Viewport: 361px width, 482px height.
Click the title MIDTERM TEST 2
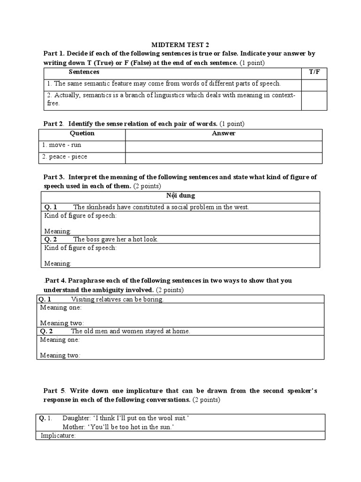pyautogui.click(x=180, y=45)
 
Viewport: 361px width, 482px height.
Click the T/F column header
pyautogui.click(x=314, y=72)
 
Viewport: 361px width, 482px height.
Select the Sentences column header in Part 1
pyautogui.click(x=84, y=72)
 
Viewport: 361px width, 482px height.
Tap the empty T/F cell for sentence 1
pyautogui.click(x=314, y=84)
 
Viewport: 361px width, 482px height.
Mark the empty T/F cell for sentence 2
pyautogui.click(x=314, y=99)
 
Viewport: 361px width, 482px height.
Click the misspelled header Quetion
pyautogui.click(x=82, y=133)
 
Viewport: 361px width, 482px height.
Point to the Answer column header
pyautogui.click(x=224, y=133)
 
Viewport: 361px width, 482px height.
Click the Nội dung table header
pyautogui.click(x=180, y=195)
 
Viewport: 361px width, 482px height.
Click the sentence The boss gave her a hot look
pyautogui.click(x=116, y=239)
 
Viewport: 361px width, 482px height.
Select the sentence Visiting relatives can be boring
pyautogui.click(x=117, y=299)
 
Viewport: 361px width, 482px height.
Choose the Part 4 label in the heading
pyautogui.click(x=54, y=281)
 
